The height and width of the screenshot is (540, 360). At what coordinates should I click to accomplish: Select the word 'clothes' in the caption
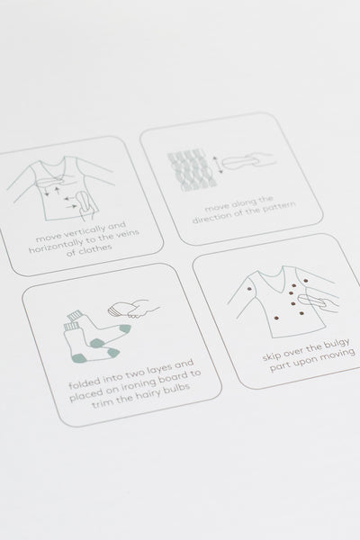[95, 248]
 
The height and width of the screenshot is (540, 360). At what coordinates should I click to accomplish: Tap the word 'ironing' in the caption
[130, 384]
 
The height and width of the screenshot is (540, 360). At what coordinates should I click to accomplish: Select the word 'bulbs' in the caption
[177, 388]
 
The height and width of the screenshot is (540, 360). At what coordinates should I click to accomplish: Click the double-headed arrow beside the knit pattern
[218, 165]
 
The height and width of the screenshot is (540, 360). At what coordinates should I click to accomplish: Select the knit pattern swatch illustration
[193, 170]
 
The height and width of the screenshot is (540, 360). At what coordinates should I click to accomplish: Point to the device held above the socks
[119, 310]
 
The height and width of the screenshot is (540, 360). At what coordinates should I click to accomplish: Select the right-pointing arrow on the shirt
[72, 206]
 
